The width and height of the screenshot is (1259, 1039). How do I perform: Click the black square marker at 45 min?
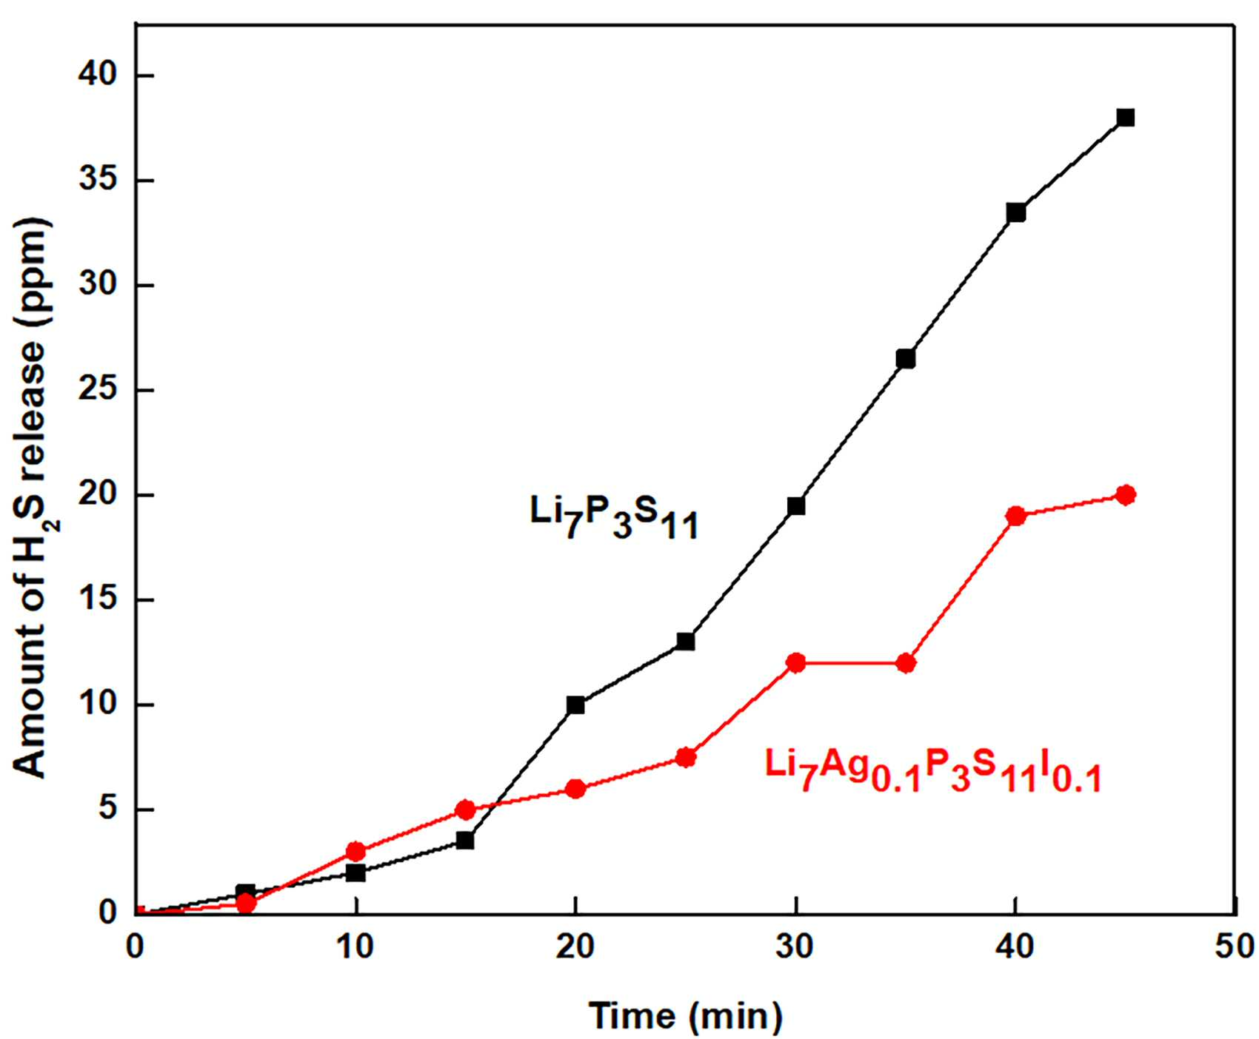point(1125,118)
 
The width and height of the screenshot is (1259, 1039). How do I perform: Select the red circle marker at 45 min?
point(1125,495)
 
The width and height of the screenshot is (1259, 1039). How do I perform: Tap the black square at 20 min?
point(575,705)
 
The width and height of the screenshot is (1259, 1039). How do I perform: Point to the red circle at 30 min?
point(796,663)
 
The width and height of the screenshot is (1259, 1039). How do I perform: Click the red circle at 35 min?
point(906,663)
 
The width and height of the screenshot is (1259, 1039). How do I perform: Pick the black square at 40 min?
point(1016,213)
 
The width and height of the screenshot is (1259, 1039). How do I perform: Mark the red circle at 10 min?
point(356,851)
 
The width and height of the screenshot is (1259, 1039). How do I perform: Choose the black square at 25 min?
point(686,642)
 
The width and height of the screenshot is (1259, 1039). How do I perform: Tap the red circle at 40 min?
point(1016,516)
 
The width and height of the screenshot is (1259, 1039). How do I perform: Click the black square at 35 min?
point(906,359)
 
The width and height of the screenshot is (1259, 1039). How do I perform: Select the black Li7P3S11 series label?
point(614,517)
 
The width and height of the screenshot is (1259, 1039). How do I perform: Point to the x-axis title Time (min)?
point(686,1015)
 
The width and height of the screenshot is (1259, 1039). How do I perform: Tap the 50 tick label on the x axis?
point(1235,947)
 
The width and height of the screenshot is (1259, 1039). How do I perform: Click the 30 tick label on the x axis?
point(796,947)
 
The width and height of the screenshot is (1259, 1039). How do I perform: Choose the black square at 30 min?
point(796,506)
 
